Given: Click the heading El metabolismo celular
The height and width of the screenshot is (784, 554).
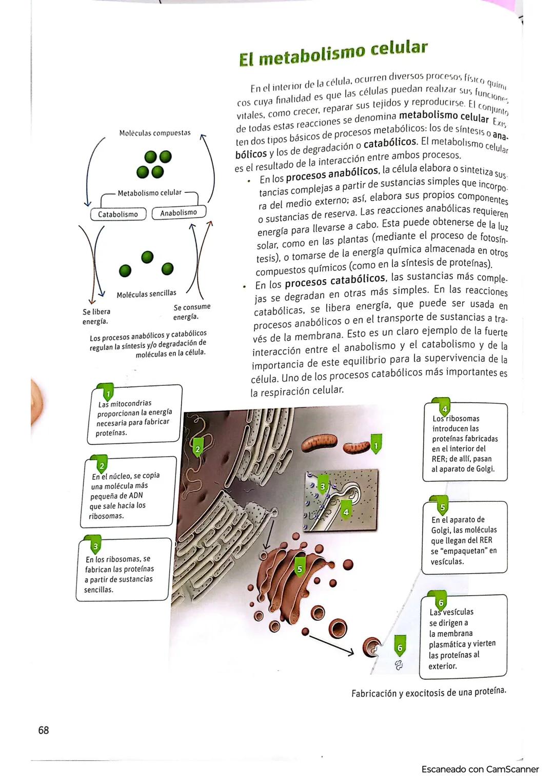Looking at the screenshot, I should [x=333, y=53].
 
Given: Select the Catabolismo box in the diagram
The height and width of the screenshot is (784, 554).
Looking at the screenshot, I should [x=118, y=214].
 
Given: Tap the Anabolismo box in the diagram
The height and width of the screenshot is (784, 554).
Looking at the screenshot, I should [x=179, y=212].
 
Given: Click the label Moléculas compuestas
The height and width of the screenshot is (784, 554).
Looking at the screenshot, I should [x=154, y=133].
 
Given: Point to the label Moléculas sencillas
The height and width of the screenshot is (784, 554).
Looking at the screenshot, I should [x=146, y=294].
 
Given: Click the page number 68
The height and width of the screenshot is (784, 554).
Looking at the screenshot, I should [x=44, y=730].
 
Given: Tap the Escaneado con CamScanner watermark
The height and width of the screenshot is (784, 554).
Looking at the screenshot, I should [x=480, y=769].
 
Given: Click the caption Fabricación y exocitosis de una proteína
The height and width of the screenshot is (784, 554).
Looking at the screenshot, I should [x=428, y=692].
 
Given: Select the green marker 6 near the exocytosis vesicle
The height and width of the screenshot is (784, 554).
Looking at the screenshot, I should [x=400, y=648].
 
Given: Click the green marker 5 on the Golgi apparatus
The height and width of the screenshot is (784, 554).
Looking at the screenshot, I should [x=300, y=569].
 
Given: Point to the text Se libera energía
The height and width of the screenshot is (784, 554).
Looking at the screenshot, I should [x=96, y=317].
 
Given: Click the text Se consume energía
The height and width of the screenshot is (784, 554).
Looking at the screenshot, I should [x=192, y=311].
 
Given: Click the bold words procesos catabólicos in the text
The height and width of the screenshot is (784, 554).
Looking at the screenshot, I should [x=334, y=280].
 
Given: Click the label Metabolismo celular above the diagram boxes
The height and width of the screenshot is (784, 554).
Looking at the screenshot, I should [x=149, y=193].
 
